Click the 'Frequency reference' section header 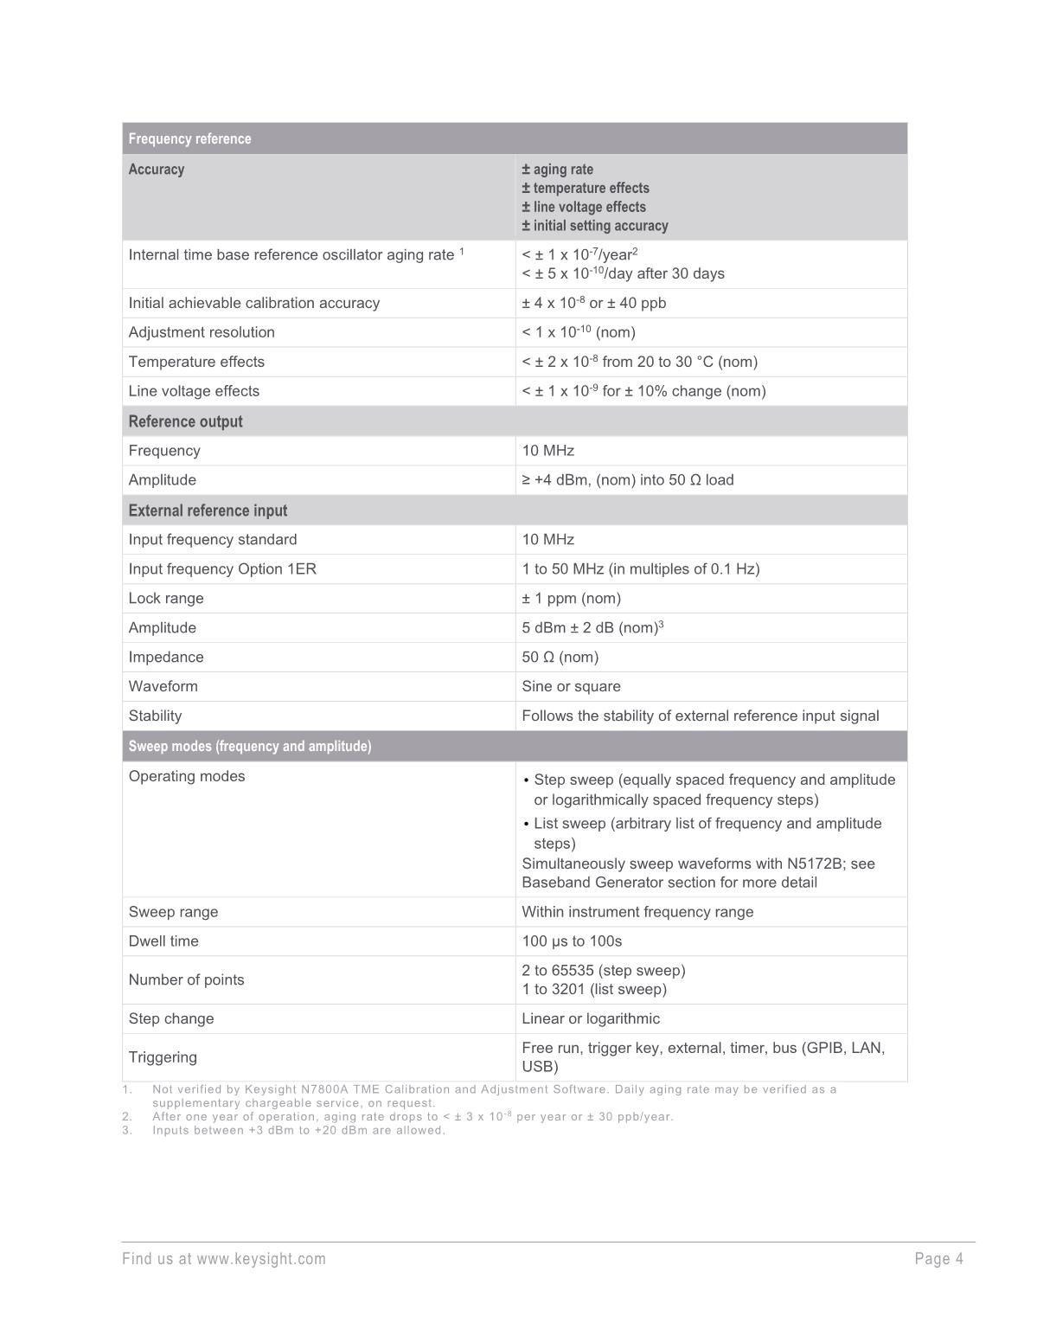[189, 138]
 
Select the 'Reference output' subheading [185, 421]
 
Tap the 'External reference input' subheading [208, 510]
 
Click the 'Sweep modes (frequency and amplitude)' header [250, 746]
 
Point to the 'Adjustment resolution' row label [202, 332]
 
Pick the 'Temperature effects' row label [196, 362]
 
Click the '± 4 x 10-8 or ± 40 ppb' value [593, 303]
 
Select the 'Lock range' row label [166, 598]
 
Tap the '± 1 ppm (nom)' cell [571, 598]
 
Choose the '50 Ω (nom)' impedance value [560, 657]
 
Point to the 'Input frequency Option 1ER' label [222, 568]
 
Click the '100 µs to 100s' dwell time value [572, 941]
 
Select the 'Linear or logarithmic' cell [591, 1018]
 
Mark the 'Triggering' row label [163, 1056]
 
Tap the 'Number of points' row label [186, 979]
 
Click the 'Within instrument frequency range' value [637, 911]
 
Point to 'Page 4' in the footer [938, 1259]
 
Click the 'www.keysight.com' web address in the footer [261, 1259]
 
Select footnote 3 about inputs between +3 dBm [298, 1130]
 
